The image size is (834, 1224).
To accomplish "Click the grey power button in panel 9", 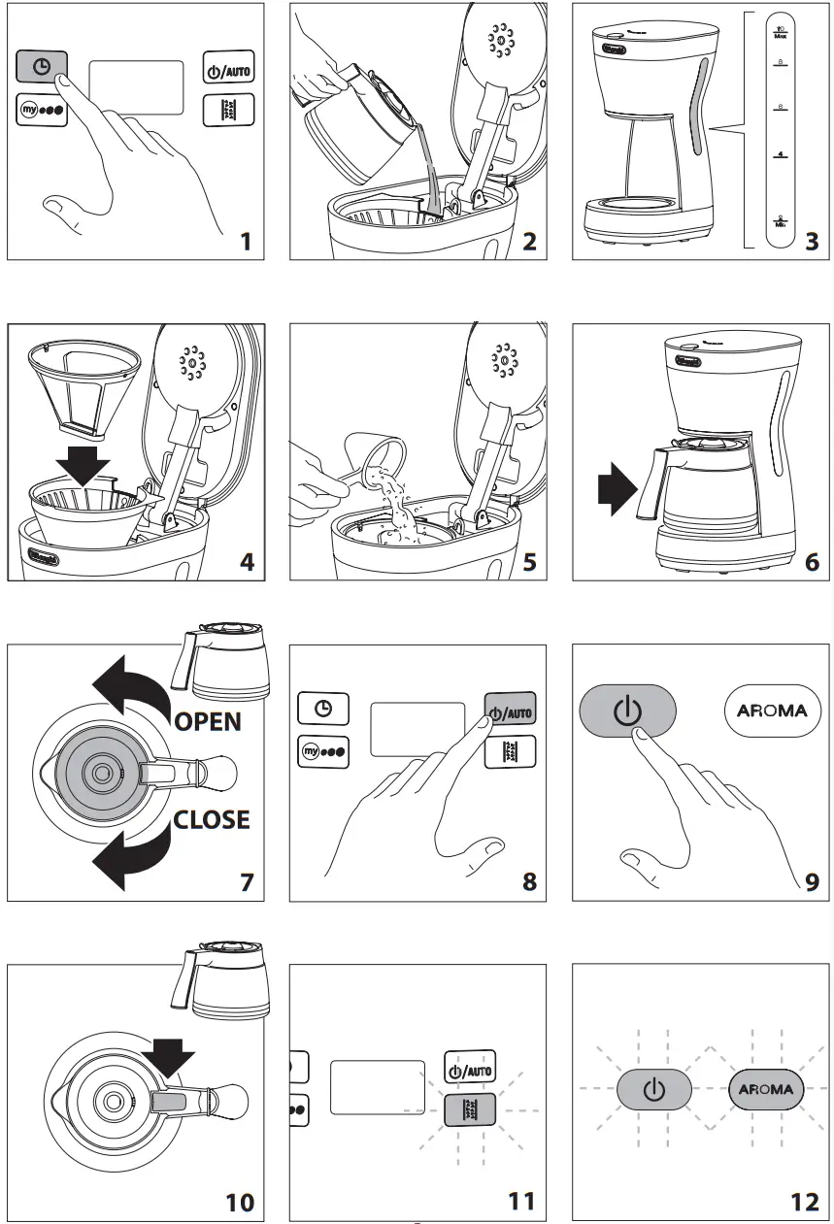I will coord(627,711).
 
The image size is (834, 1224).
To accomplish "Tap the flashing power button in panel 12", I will coord(654,1089).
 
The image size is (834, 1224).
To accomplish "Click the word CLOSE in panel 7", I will coord(212,819).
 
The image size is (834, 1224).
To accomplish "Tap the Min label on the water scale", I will coord(780,222).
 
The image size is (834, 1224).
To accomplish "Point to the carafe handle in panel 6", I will coord(649,482).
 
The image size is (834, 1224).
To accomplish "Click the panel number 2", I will coord(529,240).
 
